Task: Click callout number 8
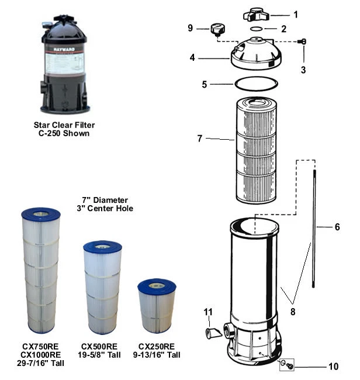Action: coord(293,312)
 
